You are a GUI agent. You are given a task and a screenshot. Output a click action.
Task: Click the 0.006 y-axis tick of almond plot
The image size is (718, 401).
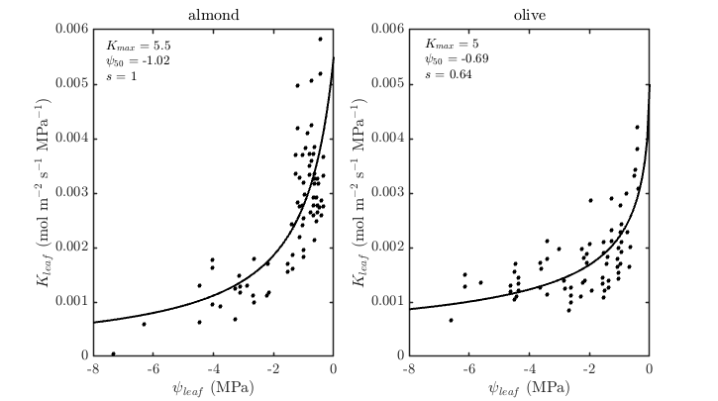tap(71, 30)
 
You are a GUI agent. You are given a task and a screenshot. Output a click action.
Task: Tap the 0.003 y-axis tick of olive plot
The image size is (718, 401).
tap(387, 192)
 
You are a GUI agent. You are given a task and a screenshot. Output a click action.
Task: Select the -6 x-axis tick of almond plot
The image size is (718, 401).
tap(152, 368)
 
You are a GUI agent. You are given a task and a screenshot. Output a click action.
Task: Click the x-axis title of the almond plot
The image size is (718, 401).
tap(212, 386)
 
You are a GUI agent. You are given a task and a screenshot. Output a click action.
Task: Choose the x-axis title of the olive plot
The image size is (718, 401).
tap(529, 386)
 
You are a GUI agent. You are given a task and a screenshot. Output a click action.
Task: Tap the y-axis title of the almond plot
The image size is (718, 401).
tap(45, 192)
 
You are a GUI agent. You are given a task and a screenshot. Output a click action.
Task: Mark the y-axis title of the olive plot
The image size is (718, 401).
tap(360, 192)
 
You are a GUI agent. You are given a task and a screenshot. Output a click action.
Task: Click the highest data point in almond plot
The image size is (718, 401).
tap(320, 40)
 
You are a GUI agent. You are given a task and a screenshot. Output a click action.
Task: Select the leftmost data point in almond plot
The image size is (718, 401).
tap(113, 352)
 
